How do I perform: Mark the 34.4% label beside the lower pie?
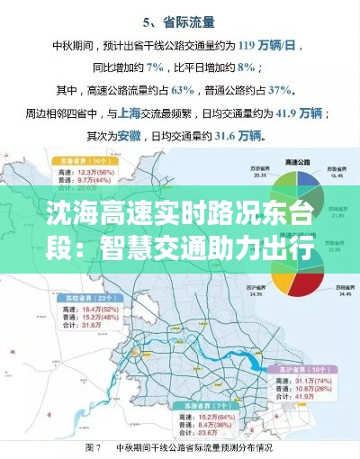click(x=343, y=294)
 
